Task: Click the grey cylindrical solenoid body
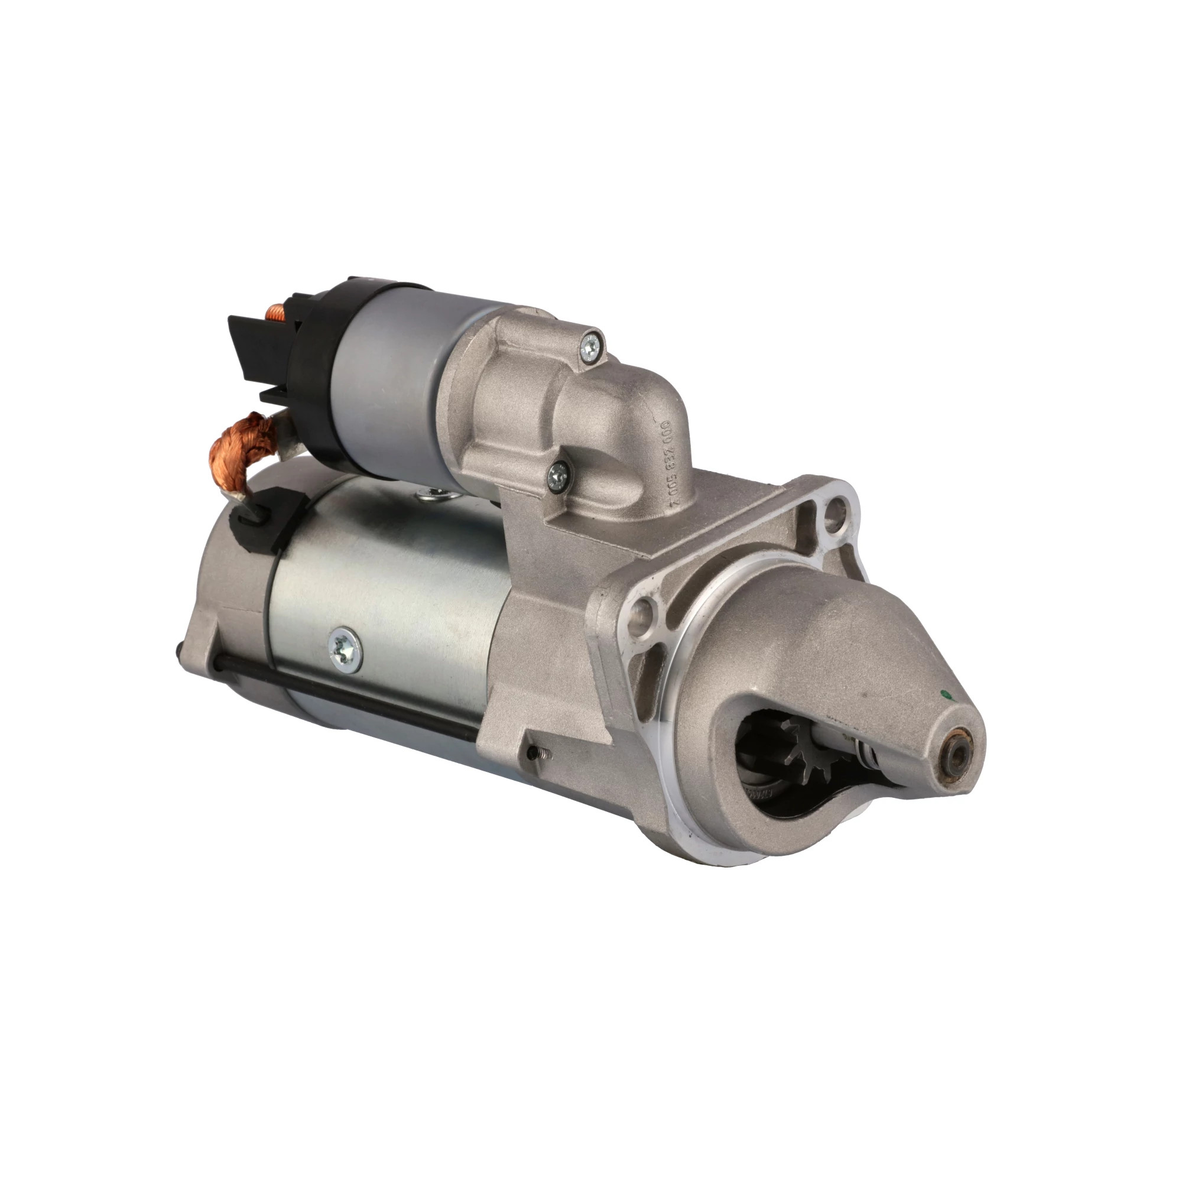pos(392,373)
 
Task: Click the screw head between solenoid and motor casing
pos(432,494)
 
